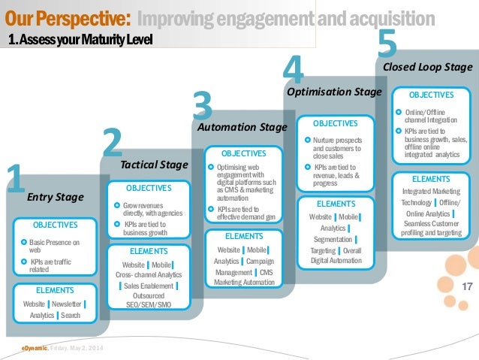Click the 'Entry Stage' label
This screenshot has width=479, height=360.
click(x=55, y=198)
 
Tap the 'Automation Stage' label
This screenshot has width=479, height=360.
click(x=242, y=128)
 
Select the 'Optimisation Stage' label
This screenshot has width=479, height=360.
click(x=335, y=91)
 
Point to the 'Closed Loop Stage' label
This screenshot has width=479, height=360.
click(x=427, y=67)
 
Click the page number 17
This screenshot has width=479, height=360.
click(x=466, y=286)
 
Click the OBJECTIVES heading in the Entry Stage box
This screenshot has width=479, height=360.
click(x=55, y=224)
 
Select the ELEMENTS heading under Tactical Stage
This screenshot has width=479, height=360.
click(x=149, y=251)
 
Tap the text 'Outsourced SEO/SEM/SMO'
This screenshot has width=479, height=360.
click(x=149, y=299)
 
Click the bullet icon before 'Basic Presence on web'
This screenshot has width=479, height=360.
click(x=24, y=242)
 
